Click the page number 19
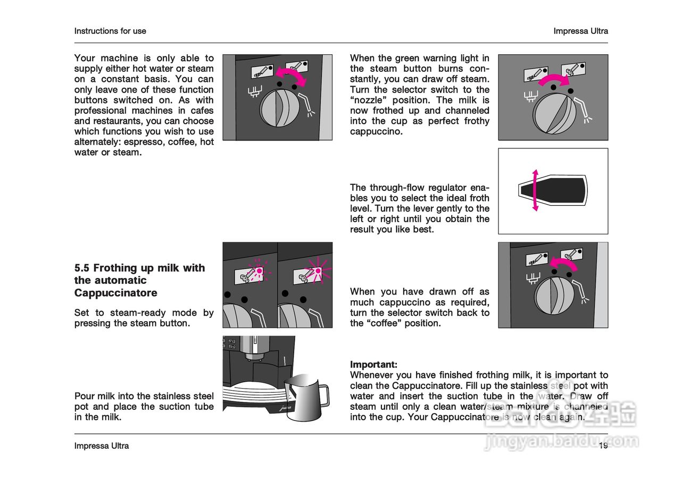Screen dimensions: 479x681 click(x=603, y=446)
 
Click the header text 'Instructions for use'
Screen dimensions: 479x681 click(x=110, y=31)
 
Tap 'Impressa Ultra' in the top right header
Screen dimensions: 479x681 click(x=580, y=31)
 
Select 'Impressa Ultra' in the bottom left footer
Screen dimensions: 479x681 click(x=102, y=446)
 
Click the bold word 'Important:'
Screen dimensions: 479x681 click(x=373, y=365)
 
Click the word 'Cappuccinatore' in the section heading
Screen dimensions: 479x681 click(x=116, y=293)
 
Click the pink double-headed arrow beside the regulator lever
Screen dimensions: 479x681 click(x=535, y=190)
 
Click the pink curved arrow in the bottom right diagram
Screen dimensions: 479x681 click(x=563, y=262)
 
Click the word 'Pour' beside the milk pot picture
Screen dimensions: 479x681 click(x=84, y=396)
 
